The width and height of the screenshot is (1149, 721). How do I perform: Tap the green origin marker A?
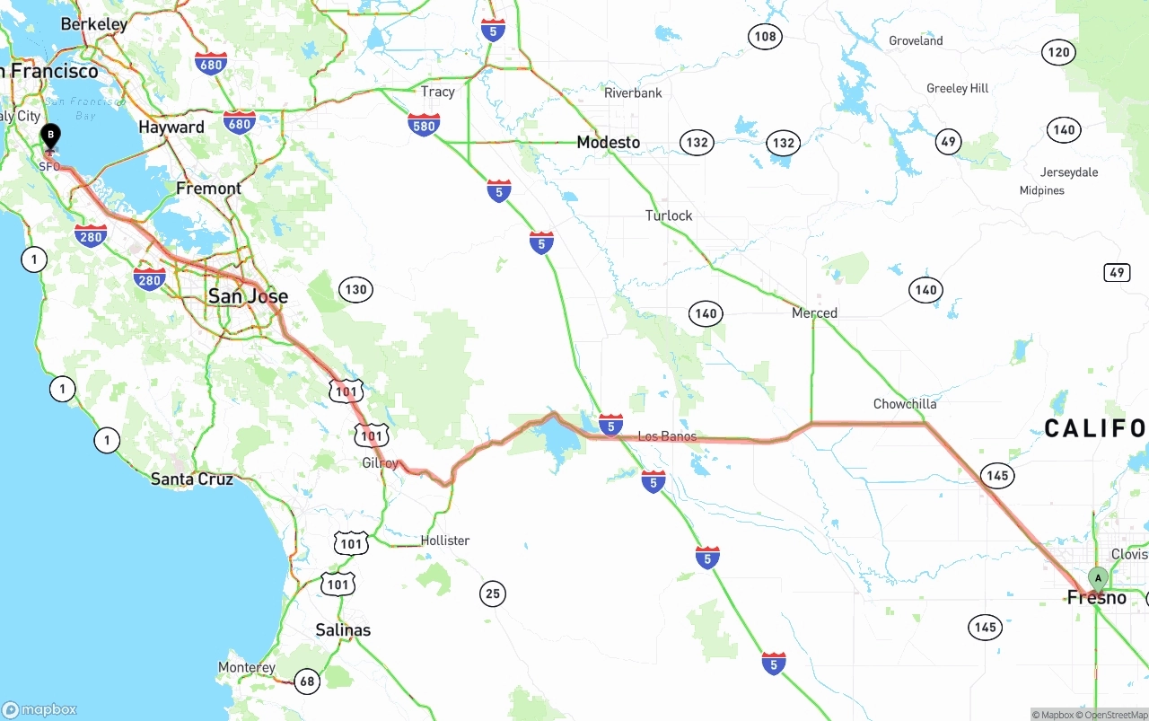click(1097, 577)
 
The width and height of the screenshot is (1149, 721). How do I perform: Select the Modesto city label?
click(609, 143)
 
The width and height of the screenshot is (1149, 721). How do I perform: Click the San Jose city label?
click(248, 296)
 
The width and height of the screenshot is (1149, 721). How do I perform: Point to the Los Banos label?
click(667, 436)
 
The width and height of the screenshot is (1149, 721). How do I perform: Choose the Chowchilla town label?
click(905, 404)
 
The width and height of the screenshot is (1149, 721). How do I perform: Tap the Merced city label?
click(814, 313)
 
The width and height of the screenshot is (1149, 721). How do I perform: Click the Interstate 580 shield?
click(424, 125)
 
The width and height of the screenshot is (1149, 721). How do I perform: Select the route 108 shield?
click(765, 37)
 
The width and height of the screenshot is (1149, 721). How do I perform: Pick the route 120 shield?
click(1058, 52)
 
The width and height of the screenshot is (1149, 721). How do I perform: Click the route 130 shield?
click(355, 289)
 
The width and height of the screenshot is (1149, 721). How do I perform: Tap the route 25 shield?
click(492, 594)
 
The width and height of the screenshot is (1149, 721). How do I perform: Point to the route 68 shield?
click(307, 681)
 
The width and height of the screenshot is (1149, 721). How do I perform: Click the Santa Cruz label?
click(192, 479)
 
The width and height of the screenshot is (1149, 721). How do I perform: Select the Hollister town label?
click(445, 541)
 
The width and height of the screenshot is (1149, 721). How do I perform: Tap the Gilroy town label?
click(380, 463)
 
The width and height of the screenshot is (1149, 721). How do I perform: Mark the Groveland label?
click(916, 40)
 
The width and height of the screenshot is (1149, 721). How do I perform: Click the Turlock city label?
click(669, 215)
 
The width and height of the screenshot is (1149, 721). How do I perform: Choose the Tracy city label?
click(438, 92)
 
